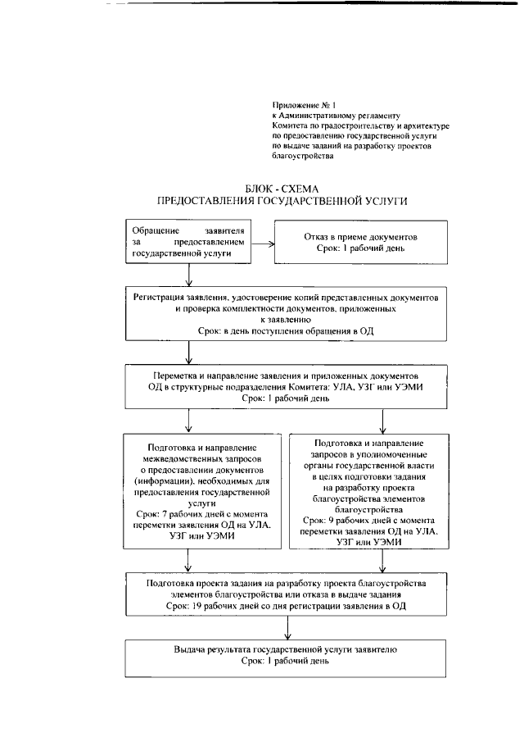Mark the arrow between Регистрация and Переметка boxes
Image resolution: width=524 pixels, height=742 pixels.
pos(189,353)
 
